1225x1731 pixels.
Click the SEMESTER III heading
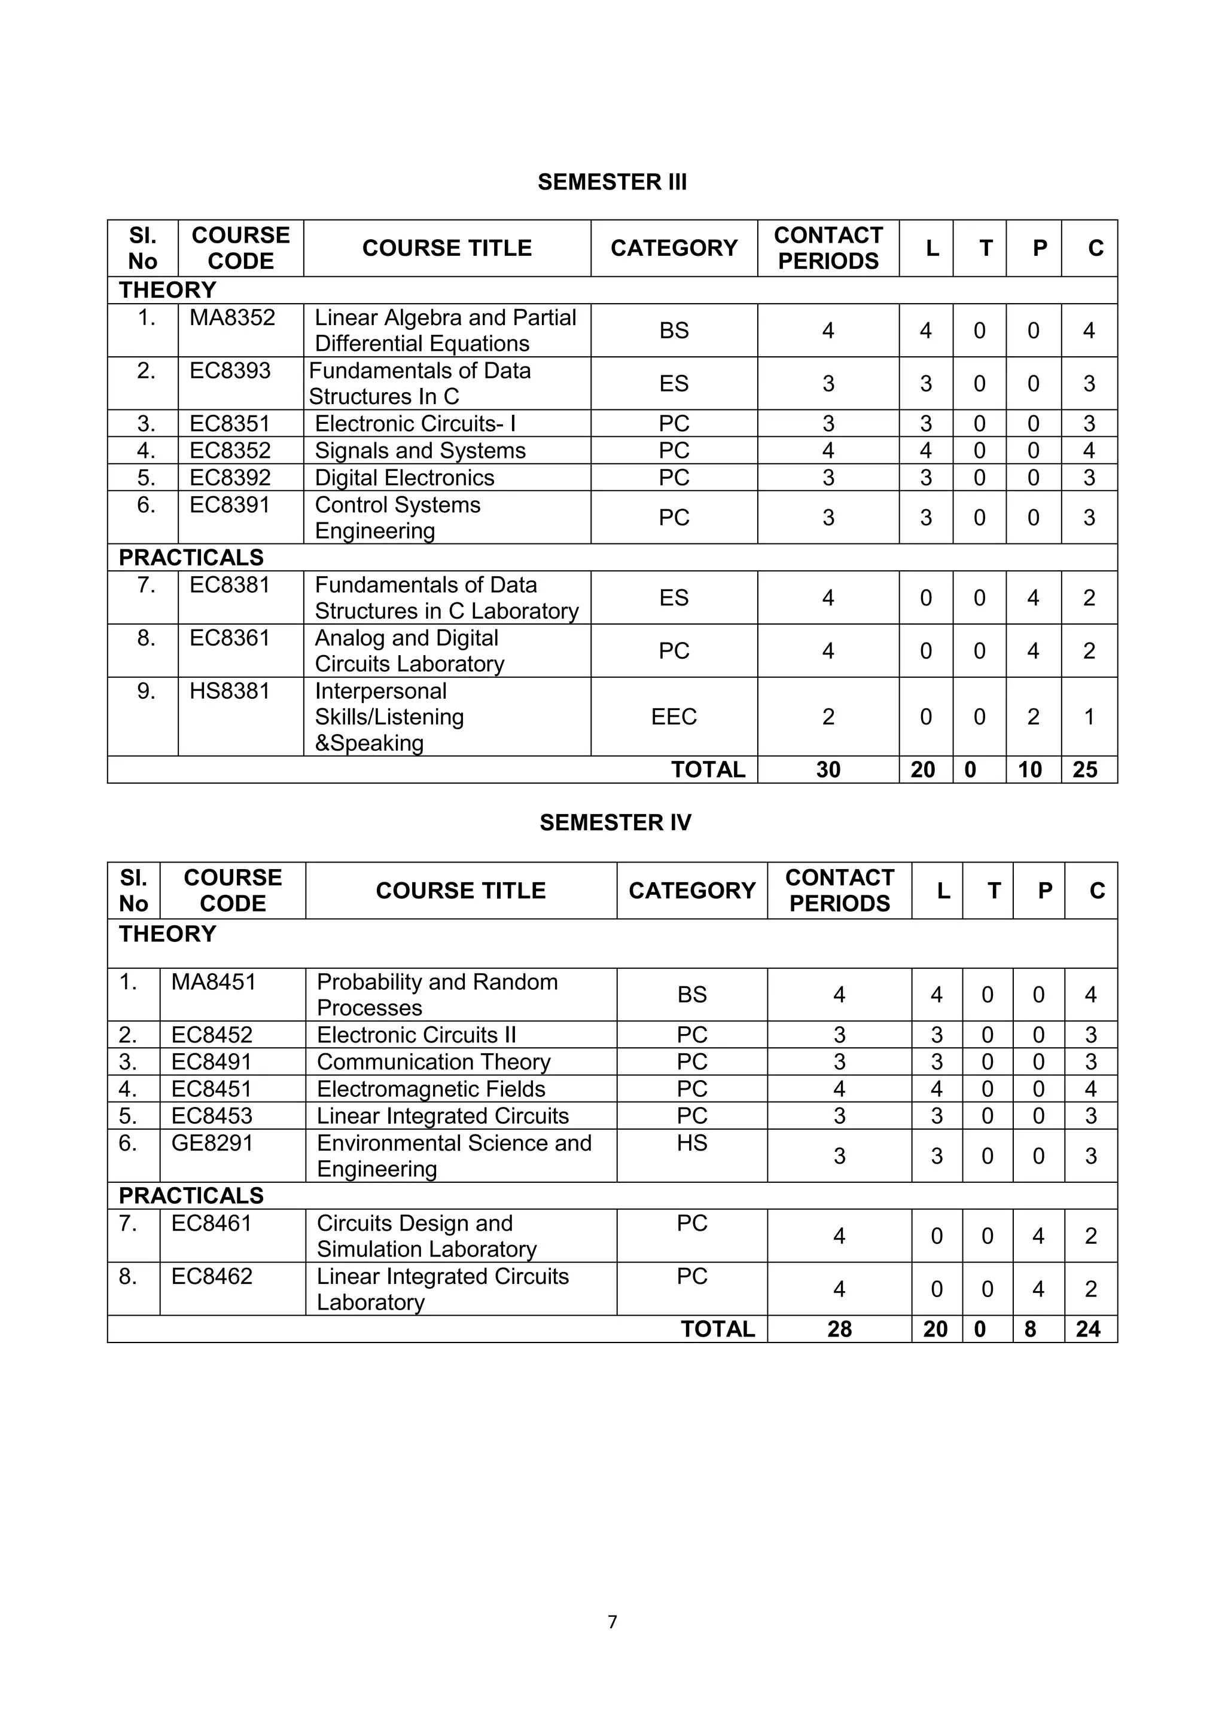tap(612, 182)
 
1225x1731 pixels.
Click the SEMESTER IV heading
tap(615, 822)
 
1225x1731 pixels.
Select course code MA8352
tap(232, 318)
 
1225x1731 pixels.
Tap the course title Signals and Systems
tap(420, 451)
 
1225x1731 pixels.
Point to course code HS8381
tap(229, 692)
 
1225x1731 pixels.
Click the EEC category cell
tap(674, 717)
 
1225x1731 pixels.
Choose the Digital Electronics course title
tap(404, 478)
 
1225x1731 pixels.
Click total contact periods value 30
tap(827, 770)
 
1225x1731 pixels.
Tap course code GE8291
tap(212, 1143)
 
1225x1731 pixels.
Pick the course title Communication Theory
tap(434, 1062)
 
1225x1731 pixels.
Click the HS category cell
tap(691, 1143)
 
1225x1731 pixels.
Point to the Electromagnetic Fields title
tap(431, 1090)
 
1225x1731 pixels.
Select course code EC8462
tap(212, 1276)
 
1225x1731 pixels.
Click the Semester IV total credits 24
tap(1087, 1329)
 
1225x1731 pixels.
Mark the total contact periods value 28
tap(839, 1329)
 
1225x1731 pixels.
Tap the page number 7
tap(612, 1622)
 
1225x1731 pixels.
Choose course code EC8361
tap(229, 638)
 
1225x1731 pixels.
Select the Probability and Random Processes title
tap(437, 995)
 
